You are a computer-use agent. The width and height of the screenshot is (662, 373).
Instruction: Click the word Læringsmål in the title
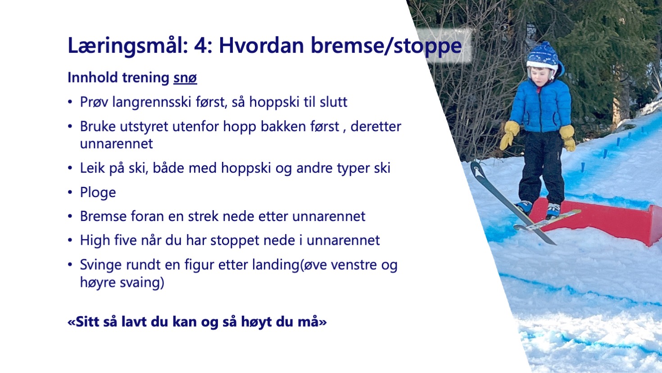click(x=128, y=46)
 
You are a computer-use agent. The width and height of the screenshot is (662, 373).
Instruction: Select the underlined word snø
click(x=185, y=78)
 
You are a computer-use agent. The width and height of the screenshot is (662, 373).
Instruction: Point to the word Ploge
click(x=98, y=193)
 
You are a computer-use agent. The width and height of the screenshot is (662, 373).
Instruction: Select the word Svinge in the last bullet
click(x=100, y=265)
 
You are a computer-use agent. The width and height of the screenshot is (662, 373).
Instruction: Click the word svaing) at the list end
click(x=142, y=282)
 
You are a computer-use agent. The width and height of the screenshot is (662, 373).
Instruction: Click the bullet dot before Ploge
click(x=70, y=193)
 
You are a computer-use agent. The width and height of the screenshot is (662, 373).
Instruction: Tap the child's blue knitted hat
click(x=544, y=58)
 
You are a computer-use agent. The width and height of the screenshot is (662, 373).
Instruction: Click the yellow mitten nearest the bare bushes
click(x=509, y=135)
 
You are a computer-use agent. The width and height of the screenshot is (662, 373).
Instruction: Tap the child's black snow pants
click(x=541, y=167)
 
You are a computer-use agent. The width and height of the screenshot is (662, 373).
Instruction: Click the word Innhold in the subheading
click(x=93, y=78)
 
